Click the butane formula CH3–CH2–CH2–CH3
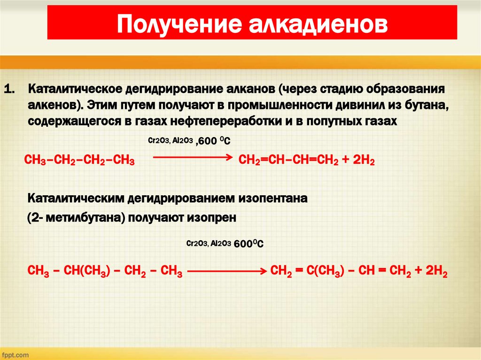(80, 161)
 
